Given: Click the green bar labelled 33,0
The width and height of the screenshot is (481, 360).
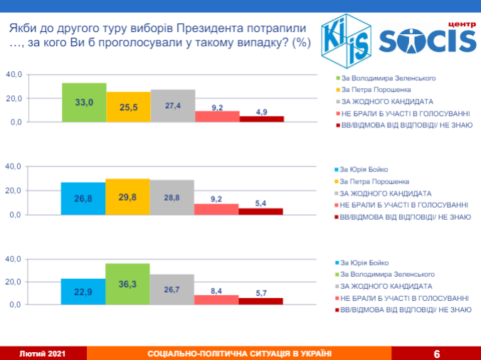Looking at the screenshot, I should pyautogui.click(x=84, y=103).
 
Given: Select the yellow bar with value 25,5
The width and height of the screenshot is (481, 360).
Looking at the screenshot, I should pyautogui.click(x=129, y=107).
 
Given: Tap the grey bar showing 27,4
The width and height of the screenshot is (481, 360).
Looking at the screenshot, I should pyautogui.click(x=173, y=106).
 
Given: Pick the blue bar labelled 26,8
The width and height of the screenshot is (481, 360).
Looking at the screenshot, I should pyautogui.click(x=83, y=199).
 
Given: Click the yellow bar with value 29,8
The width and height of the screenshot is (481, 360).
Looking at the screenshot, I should pyautogui.click(x=128, y=197).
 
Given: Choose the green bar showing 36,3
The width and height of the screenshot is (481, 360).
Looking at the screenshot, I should pyautogui.click(x=128, y=284).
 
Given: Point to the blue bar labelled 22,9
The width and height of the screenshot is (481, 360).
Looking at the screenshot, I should pyautogui.click(x=83, y=292).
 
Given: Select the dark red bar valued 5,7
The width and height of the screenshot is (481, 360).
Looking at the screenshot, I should pyautogui.click(x=261, y=301).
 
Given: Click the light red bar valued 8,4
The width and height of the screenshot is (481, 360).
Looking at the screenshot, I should pyautogui.click(x=217, y=300).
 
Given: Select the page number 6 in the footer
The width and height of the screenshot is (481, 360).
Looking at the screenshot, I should pyautogui.click(x=437, y=354).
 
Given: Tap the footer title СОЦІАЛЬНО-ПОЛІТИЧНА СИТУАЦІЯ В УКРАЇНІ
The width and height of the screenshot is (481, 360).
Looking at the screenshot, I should pyautogui.click(x=239, y=354).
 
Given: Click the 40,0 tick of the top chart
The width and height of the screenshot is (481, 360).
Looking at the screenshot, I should pyautogui.click(x=14, y=74).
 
